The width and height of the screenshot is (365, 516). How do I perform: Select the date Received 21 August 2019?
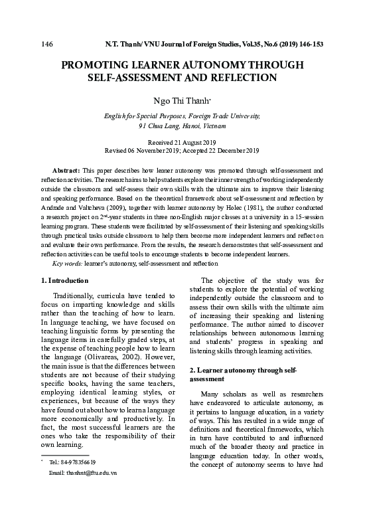click(x=182, y=143)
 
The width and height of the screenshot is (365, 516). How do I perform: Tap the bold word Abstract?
click(x=65, y=170)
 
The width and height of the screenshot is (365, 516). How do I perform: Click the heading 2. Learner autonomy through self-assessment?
click(x=242, y=373)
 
